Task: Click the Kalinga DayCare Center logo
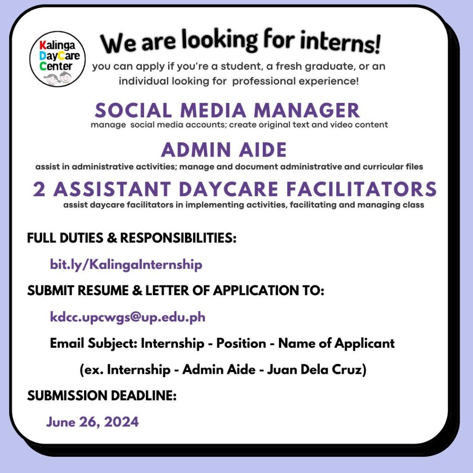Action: [57, 59]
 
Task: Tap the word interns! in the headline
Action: [340, 42]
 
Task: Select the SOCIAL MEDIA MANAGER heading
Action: [227, 110]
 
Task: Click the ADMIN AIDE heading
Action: [224, 150]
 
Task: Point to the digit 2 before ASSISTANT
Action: [39, 189]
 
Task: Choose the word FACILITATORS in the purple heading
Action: [361, 189]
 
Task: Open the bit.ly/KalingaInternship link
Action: [126, 265]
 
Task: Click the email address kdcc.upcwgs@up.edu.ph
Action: [127, 317]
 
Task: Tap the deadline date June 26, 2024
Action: [92, 422]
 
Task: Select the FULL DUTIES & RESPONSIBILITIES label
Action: [132, 238]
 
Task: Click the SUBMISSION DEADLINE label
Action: [102, 395]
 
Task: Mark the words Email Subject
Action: [94, 344]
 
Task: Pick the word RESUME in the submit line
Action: [103, 291]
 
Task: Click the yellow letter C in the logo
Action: [62, 55]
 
